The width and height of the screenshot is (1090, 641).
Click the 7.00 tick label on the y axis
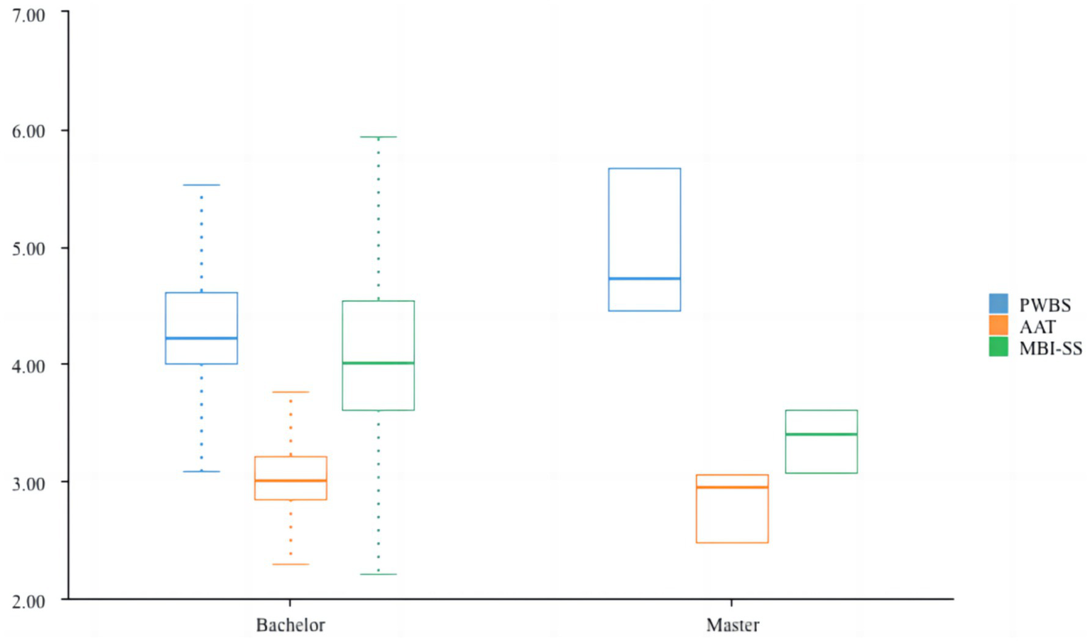28,15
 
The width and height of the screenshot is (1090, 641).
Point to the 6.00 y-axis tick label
28,131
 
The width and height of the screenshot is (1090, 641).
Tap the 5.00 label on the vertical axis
28,249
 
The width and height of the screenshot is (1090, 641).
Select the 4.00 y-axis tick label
28,366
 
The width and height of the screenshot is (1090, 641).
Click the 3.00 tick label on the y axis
28,483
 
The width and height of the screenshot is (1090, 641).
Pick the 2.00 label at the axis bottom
28,601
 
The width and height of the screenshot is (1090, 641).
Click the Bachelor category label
290,625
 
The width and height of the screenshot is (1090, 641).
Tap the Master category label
733,625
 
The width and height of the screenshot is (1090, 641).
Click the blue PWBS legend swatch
998,303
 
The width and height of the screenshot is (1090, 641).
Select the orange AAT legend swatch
998,325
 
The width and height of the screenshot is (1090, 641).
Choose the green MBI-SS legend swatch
998,347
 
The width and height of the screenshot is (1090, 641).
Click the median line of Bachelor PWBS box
202,338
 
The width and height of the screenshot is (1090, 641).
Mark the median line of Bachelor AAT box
290,481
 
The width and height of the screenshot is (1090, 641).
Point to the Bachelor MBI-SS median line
378,363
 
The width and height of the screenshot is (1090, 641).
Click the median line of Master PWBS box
645,279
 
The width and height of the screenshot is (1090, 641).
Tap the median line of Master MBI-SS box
822,434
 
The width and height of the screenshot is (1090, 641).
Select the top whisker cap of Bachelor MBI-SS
378,137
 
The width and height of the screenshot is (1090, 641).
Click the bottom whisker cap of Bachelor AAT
290,564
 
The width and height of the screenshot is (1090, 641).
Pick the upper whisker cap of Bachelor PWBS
202,185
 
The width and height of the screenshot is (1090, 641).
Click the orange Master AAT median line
733,488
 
